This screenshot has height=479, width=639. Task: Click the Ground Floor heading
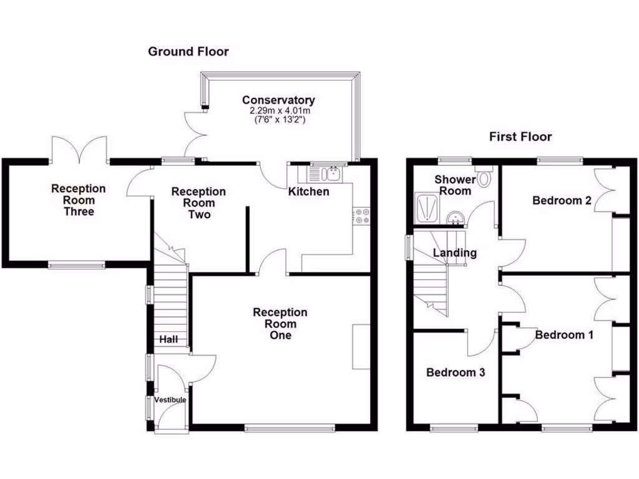click(188, 52)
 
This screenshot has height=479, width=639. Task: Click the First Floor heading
click(520, 137)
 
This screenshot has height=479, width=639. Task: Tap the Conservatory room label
click(278, 100)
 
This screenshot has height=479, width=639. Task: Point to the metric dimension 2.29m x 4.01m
click(278, 110)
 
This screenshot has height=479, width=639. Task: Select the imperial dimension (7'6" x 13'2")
click(278, 120)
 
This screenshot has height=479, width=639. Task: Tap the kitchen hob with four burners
click(361, 216)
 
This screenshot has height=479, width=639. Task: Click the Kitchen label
click(308, 191)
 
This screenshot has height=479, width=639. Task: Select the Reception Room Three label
click(79, 200)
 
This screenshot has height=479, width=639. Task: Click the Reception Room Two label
click(199, 203)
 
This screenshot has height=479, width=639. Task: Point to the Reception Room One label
click(280, 324)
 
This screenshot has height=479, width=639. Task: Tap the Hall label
click(168, 340)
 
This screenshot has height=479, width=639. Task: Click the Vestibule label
click(170, 400)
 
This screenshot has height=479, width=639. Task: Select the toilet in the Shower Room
click(485, 178)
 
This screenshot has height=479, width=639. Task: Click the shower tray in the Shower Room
click(427, 208)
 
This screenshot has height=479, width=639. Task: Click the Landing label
click(455, 253)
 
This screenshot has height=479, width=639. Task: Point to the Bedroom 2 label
click(562, 200)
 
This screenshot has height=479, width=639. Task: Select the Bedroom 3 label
click(456, 372)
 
